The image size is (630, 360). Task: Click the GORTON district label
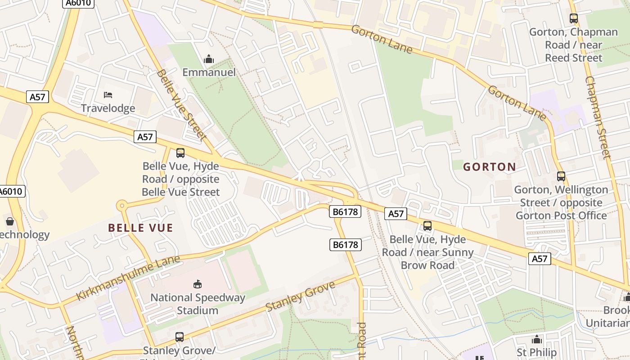[490, 167]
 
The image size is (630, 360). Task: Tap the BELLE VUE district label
[140, 228]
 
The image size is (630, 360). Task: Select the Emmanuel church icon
[209, 59]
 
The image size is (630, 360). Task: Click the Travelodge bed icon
[108, 94]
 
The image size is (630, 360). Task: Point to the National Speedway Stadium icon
[198, 284]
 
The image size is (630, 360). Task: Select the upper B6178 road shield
[345, 211]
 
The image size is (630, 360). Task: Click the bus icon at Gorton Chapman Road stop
[573, 18]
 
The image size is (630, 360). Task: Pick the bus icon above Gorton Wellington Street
[561, 176]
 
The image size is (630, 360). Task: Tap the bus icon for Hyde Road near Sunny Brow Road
[427, 226]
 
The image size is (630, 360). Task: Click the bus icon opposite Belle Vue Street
[180, 153]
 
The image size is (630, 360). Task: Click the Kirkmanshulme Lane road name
[128, 277]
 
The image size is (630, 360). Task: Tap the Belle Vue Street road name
[182, 104]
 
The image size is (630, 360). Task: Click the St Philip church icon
[536, 339]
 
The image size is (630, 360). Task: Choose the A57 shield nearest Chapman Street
[539, 259]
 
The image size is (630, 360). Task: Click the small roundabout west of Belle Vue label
[121, 206]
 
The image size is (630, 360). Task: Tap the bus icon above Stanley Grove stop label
[179, 337]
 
